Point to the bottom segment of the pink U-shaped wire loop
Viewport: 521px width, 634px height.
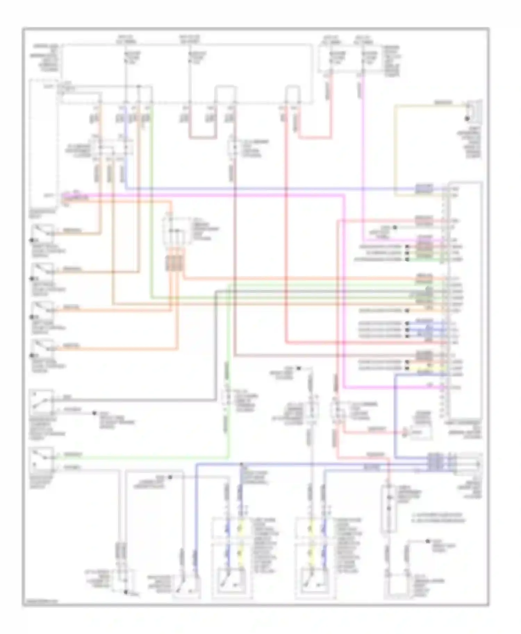tap(202, 138)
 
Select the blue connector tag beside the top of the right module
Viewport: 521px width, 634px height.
tap(424, 189)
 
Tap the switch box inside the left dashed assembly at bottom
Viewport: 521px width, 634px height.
tap(232, 583)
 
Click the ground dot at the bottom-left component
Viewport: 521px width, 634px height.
tap(126, 592)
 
